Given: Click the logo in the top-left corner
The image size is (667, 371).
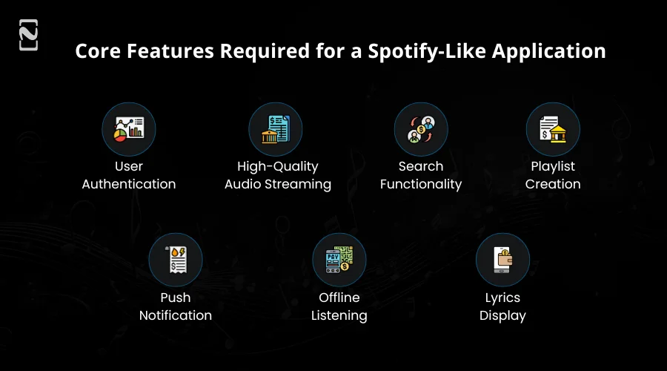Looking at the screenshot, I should coord(28,35).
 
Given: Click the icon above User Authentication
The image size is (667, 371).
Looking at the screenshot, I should coord(128,129).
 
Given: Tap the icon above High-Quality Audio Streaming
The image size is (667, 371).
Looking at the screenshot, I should coord(275,129).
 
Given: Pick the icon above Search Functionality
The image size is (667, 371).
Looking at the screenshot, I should coord(420,129).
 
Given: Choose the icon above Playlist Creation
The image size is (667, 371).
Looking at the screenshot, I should coord(553,129).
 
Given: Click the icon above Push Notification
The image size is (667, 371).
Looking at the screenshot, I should coord(176,260).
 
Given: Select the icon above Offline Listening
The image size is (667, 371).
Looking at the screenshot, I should coord(339,260).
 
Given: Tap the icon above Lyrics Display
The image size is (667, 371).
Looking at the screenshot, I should coord(502,260).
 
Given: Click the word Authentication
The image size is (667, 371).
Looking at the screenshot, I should coord(129,184).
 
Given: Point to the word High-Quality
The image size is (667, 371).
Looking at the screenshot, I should coord(278,166).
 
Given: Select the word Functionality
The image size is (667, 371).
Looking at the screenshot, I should coord(421,184).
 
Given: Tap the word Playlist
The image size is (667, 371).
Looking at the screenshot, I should coord(553,166).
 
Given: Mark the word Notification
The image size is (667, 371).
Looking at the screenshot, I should coord(176,315).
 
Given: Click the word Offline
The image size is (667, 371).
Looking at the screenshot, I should coord(339,298).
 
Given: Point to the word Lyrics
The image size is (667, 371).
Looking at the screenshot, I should coord(502,298).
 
